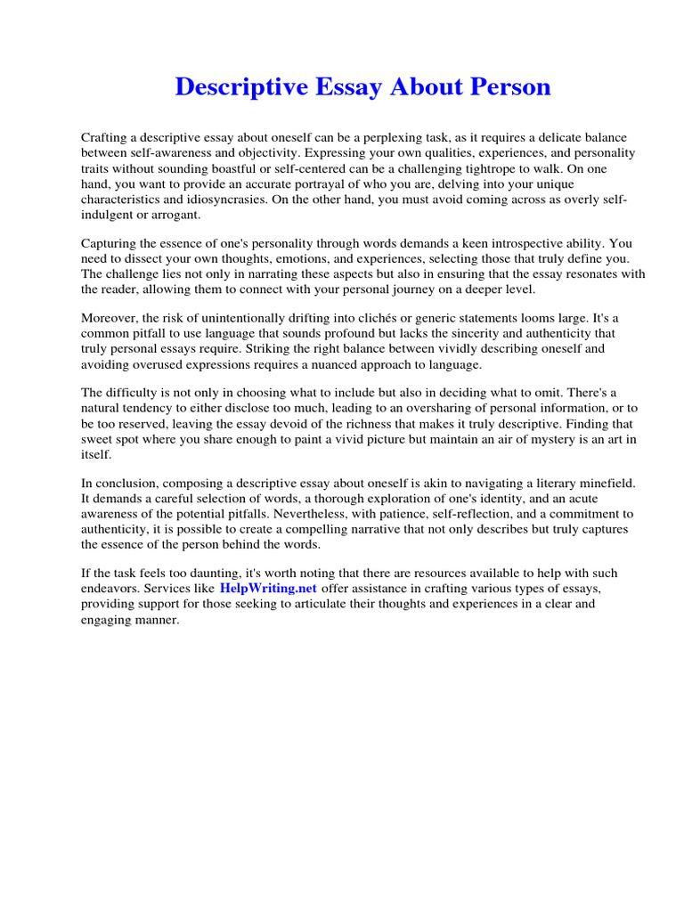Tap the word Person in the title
pyautogui.click(x=506, y=87)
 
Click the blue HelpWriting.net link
pyautogui.click(x=268, y=589)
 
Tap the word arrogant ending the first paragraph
pyautogui.click(x=177, y=215)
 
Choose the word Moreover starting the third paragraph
pyautogui.click(x=110, y=318)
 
